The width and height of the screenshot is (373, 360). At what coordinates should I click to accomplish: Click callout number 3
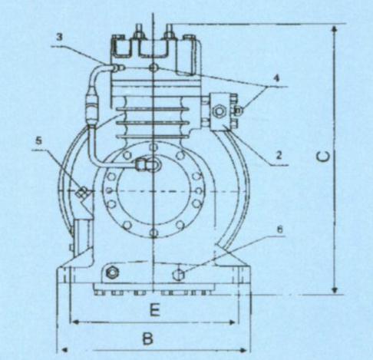[59, 38]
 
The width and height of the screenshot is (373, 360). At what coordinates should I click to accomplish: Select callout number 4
[276, 78]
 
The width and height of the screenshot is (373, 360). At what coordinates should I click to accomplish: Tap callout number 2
[279, 155]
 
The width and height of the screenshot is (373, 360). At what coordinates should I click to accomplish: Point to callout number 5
[38, 141]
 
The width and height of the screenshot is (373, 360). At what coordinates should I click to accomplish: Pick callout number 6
[280, 230]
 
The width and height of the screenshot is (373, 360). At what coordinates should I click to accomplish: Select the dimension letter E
[155, 310]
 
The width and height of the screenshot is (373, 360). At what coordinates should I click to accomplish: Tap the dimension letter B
[147, 339]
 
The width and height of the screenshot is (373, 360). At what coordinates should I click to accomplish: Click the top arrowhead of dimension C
[334, 28]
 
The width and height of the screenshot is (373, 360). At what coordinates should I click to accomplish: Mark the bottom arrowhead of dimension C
[334, 290]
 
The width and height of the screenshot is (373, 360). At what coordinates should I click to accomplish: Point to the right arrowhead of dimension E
[232, 322]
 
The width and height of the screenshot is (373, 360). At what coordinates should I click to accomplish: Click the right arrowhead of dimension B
[243, 350]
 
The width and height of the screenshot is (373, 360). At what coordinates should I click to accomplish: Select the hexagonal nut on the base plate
[111, 272]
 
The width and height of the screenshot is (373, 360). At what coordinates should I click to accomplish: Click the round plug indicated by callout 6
[179, 275]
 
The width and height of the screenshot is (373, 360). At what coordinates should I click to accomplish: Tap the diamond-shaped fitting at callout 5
[82, 192]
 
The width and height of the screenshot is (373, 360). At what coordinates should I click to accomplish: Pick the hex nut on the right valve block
[220, 111]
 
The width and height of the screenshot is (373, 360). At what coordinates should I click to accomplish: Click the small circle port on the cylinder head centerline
[153, 68]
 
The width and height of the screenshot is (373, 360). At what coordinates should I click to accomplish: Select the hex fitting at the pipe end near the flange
[141, 164]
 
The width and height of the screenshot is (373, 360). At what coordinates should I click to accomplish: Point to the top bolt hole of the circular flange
[153, 147]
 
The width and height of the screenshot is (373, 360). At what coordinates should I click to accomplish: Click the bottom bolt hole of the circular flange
[153, 233]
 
